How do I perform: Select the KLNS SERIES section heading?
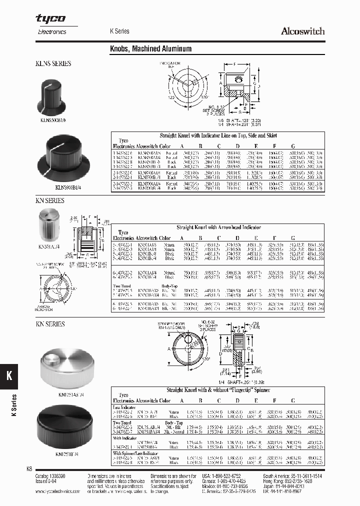(53, 63)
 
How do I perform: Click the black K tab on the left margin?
(9, 376)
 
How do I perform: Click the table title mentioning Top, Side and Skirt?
(218, 135)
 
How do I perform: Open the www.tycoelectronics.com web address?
(58, 491)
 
